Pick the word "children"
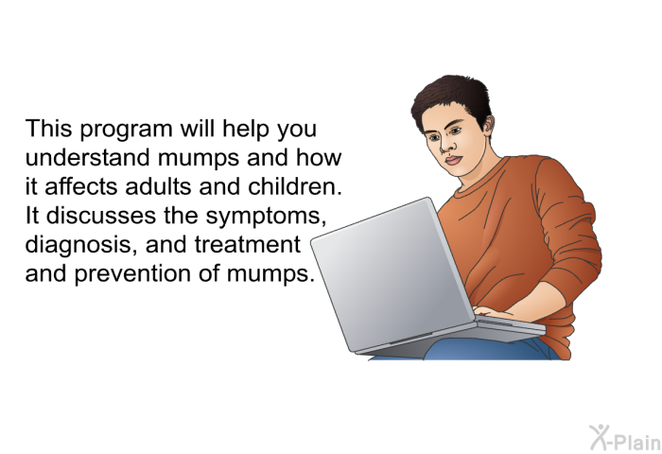(x=295, y=186)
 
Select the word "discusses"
(x=101, y=216)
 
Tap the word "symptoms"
(x=266, y=218)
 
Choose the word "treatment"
(x=248, y=245)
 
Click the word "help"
(x=246, y=130)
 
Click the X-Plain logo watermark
(x=625, y=438)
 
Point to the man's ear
(x=489, y=126)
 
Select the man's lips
(x=453, y=161)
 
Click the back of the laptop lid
(x=392, y=274)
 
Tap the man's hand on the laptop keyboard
(x=492, y=312)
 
